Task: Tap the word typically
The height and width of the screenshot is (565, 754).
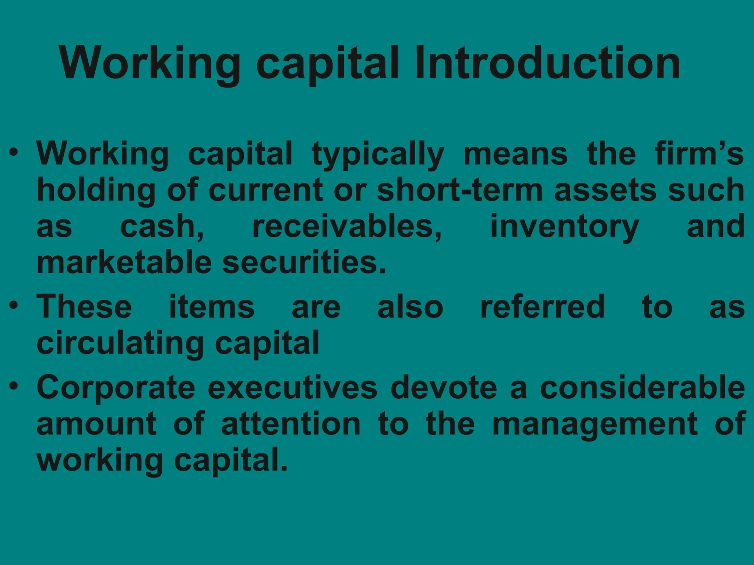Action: [378, 154]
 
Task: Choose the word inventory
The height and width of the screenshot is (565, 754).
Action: [564, 227]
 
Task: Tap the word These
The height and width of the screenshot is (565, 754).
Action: [84, 307]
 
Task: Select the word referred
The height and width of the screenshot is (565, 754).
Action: [542, 307]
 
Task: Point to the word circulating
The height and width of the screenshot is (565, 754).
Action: [120, 344]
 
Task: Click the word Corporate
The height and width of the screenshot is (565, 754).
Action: [116, 388]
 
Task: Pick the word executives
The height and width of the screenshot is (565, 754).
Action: [293, 388]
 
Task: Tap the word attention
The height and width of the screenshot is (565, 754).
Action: [291, 424]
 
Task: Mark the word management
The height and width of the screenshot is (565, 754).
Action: [595, 425]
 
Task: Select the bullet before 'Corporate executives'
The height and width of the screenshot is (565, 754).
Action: [14, 386]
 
